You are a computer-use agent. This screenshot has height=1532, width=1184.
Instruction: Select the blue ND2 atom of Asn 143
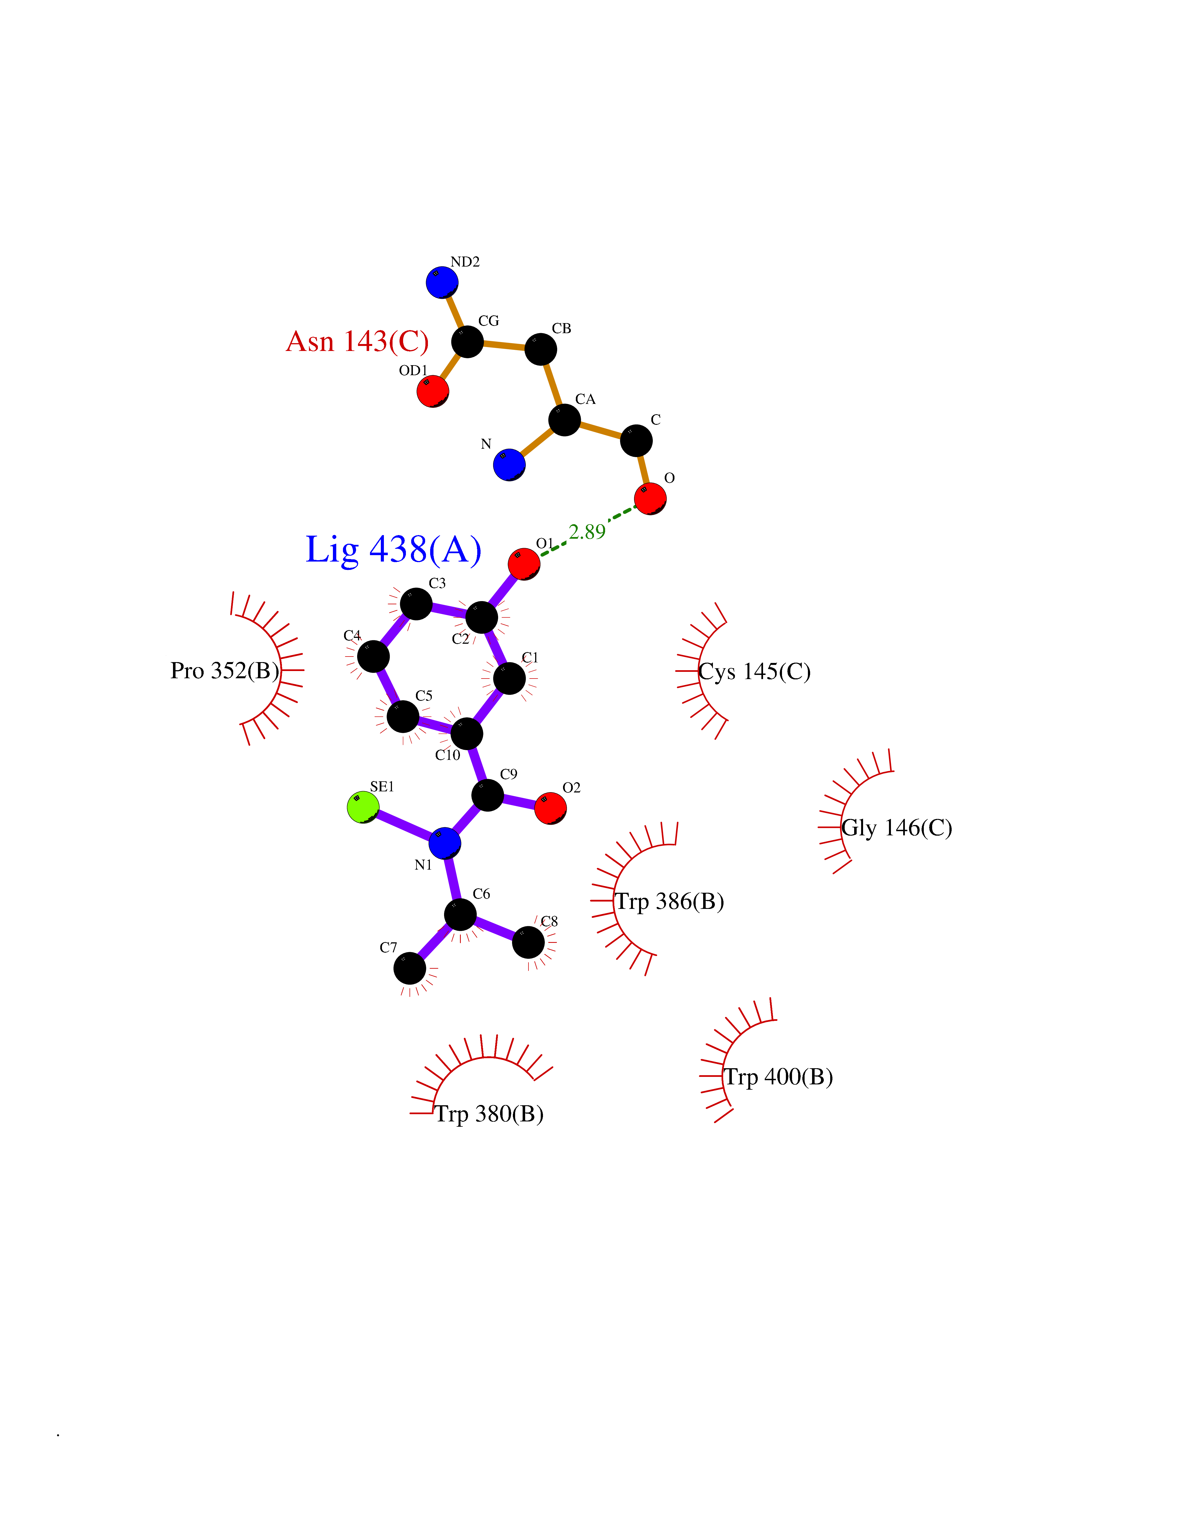point(442,282)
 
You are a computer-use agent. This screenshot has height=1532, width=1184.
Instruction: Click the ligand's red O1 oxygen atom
point(524,563)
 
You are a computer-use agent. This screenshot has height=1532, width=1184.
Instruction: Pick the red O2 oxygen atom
point(550,808)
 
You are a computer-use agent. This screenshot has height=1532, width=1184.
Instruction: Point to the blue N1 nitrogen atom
point(445,842)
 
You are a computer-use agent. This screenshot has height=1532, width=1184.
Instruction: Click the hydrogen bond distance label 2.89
point(587,532)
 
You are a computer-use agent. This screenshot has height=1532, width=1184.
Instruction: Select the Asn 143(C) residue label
point(358,341)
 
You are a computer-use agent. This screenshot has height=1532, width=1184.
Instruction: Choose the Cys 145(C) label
point(755,672)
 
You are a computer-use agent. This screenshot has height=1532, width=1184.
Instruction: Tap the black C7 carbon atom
point(410,969)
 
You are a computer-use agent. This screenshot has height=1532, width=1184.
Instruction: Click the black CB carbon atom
point(541,349)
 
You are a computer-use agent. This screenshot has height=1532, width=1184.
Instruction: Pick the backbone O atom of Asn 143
point(650,499)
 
